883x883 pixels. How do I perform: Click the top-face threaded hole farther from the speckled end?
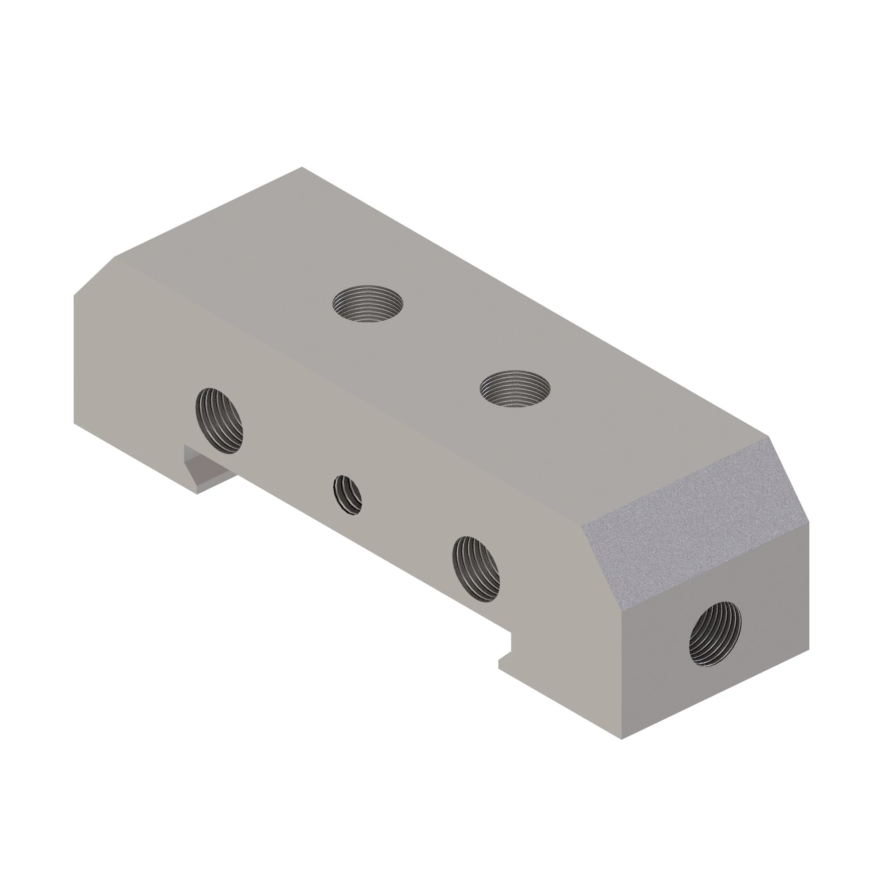368,304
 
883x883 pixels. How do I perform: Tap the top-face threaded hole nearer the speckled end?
515,389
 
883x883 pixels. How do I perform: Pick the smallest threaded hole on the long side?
348,495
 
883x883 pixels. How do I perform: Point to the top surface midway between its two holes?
441,347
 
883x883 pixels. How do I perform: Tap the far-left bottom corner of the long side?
74,423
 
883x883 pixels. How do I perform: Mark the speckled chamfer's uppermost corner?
769,438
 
